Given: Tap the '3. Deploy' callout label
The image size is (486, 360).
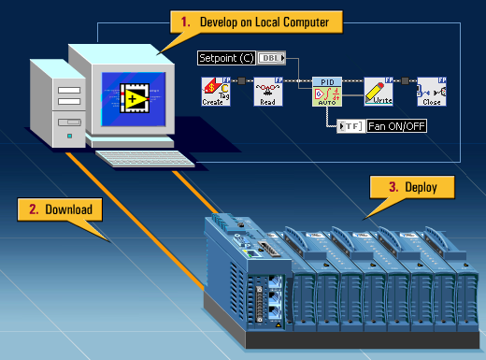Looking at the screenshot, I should [412, 186].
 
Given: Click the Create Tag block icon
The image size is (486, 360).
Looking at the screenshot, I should [216, 93].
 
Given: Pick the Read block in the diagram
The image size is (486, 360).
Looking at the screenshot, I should [267, 93].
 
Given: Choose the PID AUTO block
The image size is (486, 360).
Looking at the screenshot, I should [326, 93].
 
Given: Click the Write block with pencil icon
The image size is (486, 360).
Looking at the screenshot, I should [378, 93].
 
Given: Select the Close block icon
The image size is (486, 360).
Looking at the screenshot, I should [431, 93].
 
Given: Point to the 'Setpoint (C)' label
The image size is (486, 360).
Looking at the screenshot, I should [225, 58].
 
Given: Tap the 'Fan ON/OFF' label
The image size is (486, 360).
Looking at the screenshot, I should [395, 125].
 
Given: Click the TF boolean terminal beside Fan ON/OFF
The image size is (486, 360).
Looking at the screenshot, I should [350, 125].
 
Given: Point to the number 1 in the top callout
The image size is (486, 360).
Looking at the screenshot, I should [186, 19].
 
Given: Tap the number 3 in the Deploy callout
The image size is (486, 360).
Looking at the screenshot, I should [393, 186].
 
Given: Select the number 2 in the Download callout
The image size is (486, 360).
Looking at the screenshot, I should [34, 209].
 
